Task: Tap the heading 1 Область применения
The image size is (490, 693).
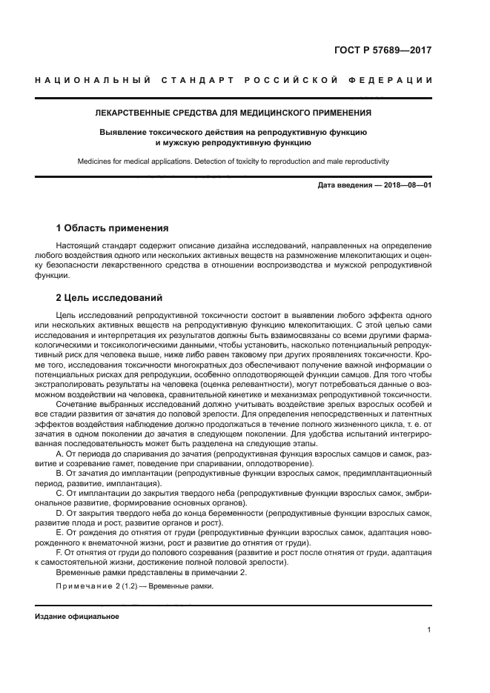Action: pyautogui.click(x=112, y=228)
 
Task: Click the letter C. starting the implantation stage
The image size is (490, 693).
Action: pyautogui.click(x=60, y=492)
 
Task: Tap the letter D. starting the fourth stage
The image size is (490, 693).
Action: pyautogui.click(x=60, y=512)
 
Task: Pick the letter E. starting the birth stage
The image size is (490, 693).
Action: pyautogui.click(x=60, y=532)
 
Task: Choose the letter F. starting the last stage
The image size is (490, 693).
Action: pyautogui.click(x=60, y=552)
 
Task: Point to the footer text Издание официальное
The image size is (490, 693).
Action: pyautogui.click(x=76, y=617)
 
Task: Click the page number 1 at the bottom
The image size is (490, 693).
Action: pyautogui.click(x=429, y=630)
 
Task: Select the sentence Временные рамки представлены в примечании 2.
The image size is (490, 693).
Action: pyautogui.click(x=150, y=572)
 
